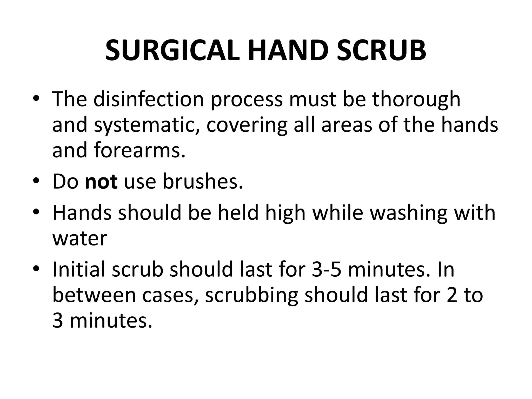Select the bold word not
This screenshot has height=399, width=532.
click(101, 182)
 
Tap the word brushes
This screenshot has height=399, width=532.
click(203, 182)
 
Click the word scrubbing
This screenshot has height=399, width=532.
click(251, 295)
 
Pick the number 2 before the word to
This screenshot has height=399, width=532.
click(452, 295)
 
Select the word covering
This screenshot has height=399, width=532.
click(247, 125)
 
